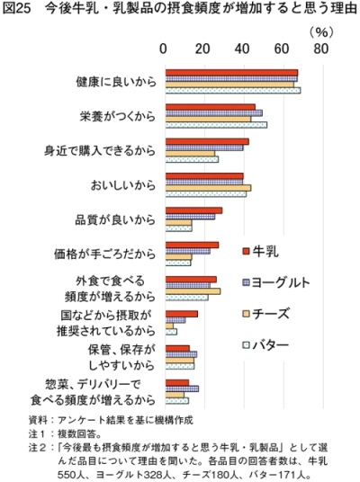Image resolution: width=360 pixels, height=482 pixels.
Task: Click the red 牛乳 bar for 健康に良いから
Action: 231,73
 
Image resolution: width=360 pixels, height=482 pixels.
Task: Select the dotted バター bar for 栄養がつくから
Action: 216,125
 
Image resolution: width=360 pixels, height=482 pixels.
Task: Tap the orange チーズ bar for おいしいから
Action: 208,188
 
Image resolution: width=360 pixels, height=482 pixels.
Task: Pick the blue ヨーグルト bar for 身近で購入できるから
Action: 204,147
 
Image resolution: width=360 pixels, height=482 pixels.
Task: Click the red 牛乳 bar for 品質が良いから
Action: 193,210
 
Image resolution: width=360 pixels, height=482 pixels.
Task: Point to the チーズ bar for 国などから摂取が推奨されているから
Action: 169,326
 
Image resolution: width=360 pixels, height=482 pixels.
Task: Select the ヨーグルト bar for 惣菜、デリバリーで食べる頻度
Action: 182,388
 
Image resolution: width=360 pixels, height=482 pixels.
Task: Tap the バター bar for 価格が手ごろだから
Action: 178,263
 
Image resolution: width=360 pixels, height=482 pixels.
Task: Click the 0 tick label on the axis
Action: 164,49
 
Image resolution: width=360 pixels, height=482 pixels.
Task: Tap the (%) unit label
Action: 321,32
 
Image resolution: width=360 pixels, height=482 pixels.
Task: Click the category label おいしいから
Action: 123,185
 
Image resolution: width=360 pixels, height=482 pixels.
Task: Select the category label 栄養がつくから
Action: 118,116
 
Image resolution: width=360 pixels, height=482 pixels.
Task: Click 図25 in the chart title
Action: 16,8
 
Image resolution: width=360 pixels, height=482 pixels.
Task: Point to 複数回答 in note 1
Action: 76,434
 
